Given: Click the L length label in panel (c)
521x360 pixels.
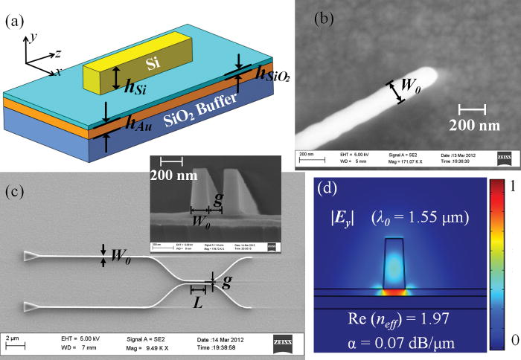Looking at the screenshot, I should (198, 304).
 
